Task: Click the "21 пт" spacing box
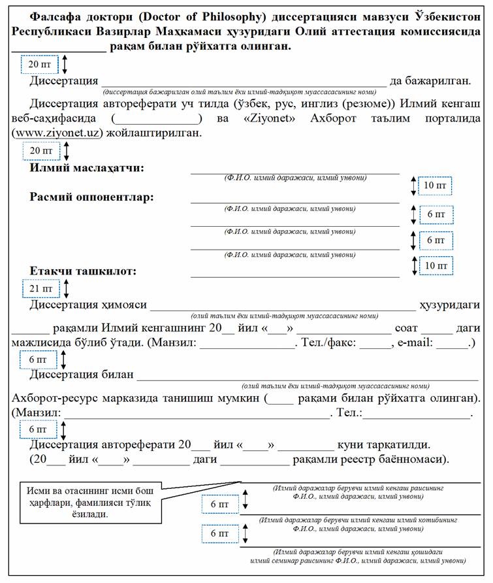click(x=40, y=288)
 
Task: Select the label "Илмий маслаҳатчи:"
click(x=87, y=169)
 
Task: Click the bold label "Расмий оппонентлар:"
click(x=91, y=197)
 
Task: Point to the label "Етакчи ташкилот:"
click(x=83, y=271)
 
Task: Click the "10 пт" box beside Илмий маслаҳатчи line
click(x=435, y=186)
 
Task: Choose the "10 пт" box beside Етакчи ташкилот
click(x=435, y=265)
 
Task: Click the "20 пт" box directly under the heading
click(x=40, y=64)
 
